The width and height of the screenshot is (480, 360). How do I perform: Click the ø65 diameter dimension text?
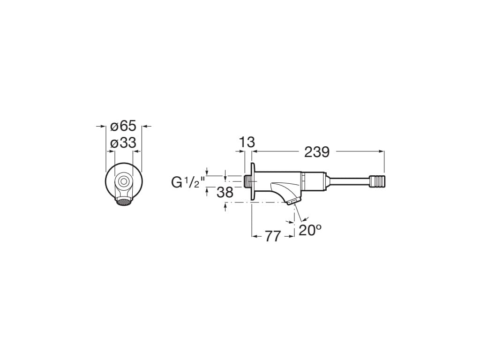[x=123, y=126]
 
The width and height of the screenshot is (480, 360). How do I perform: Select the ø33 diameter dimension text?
[x=123, y=143]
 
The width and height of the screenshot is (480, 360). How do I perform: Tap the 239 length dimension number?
[x=317, y=152]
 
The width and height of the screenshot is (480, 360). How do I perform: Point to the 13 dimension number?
[x=247, y=142]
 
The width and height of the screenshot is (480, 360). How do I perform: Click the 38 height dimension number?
[x=225, y=192]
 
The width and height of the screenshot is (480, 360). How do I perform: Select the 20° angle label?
[x=310, y=230]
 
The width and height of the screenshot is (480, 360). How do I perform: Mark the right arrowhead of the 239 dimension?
[x=382, y=151]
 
